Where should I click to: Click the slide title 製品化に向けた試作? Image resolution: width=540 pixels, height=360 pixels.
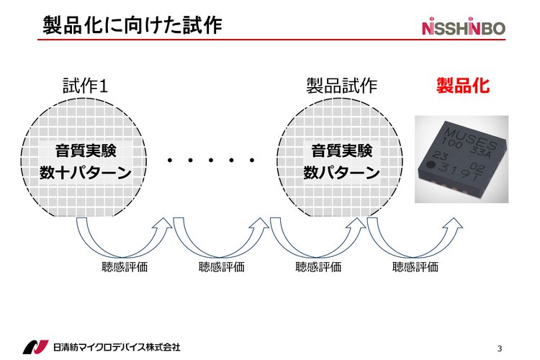click(x=132, y=25)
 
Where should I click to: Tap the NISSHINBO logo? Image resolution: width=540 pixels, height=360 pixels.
click(x=464, y=27)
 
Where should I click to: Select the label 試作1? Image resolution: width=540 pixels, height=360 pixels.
click(x=85, y=86)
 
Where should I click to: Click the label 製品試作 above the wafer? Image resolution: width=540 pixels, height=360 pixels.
click(x=341, y=86)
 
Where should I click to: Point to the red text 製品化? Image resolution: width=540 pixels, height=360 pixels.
click(x=463, y=86)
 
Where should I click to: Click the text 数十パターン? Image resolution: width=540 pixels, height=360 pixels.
click(x=86, y=173)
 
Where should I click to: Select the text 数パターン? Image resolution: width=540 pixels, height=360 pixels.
click(x=341, y=173)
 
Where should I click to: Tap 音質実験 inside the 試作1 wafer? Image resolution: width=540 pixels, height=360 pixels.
click(x=86, y=151)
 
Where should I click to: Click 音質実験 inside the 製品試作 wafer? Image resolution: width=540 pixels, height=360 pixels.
click(x=341, y=151)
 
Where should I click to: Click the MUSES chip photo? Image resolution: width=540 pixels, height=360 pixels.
click(x=462, y=159)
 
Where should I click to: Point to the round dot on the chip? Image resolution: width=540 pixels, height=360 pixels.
click(x=430, y=166)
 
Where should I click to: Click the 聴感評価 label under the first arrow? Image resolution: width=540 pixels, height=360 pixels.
click(x=125, y=267)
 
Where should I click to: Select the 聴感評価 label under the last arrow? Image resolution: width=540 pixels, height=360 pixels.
click(x=415, y=267)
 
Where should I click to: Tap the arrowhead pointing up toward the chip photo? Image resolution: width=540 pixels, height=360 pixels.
click(x=454, y=224)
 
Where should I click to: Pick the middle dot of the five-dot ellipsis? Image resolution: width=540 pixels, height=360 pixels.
click(x=211, y=160)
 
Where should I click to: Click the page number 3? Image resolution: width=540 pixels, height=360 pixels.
click(x=500, y=348)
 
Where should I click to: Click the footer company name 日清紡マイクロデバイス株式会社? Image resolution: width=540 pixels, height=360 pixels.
click(x=117, y=347)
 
